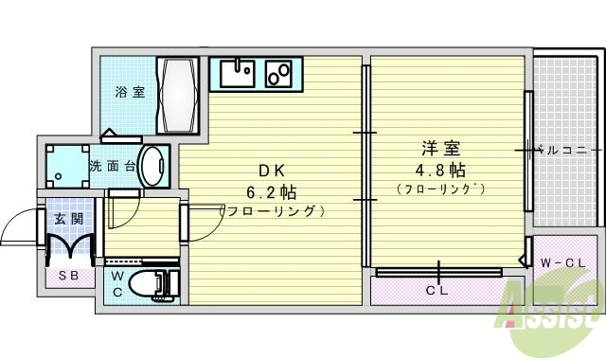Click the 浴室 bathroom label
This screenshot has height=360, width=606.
pyautogui.click(x=131, y=92)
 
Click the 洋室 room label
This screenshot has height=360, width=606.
pyautogui.click(x=440, y=149)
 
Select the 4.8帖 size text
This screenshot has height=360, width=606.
pyautogui.click(x=440, y=170)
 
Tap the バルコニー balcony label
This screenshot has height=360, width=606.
pyautogui.click(x=566, y=150)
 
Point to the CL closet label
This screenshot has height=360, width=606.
pyautogui.click(x=437, y=291)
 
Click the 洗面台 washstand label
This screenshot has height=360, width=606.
pyautogui.click(x=112, y=167)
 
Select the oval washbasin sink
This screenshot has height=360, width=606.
pyautogui.click(x=152, y=166)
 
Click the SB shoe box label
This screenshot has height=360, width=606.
pyautogui.click(x=69, y=277)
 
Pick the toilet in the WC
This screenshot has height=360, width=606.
pyautogui.click(x=152, y=283)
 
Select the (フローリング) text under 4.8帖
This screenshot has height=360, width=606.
pyautogui.click(x=440, y=189)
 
